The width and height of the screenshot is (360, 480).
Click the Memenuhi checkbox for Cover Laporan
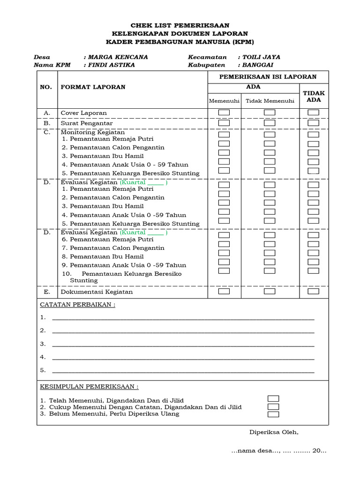pyautogui.click(x=224, y=112)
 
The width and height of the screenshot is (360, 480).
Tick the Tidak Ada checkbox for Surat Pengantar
pyautogui.click(x=313, y=123)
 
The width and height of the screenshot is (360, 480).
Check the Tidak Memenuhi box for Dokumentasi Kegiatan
pyautogui.click(x=270, y=291)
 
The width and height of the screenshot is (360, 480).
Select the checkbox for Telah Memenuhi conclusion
pyautogui.click(x=273, y=398)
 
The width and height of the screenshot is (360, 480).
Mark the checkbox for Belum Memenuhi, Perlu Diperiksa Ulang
pyautogui.click(x=273, y=414)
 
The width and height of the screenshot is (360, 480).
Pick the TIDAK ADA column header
pyautogui.click(x=314, y=96)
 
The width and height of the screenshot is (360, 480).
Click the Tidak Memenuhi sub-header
pyautogui.click(x=270, y=101)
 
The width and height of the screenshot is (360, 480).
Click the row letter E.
pyautogui.click(x=47, y=292)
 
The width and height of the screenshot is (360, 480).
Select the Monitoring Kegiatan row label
pyautogui.click(x=90, y=132)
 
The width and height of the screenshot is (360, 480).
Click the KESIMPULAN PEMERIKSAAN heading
pyautogui.click(x=89, y=387)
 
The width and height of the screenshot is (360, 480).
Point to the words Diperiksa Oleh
pyautogui.click(x=273, y=432)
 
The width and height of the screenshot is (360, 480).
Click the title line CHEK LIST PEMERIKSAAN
pyautogui.click(x=180, y=25)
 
